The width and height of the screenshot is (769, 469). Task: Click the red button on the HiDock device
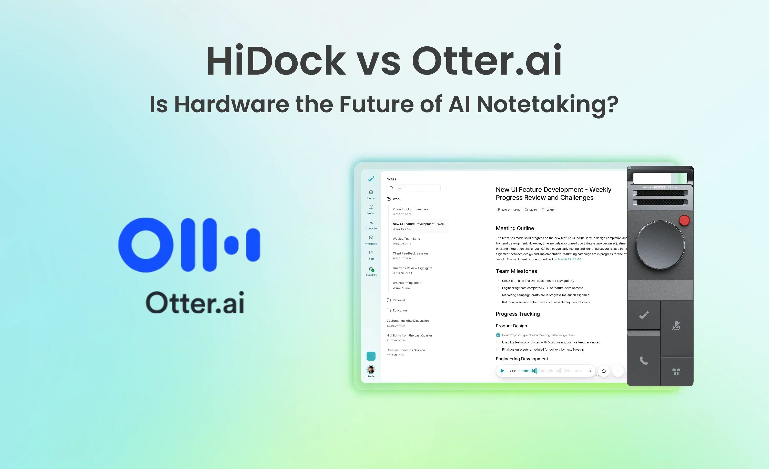[684, 220]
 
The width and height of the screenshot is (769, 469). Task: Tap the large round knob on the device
[660, 245]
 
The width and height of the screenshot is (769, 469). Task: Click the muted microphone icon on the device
[676, 326]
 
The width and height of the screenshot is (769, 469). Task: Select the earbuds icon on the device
[676, 371]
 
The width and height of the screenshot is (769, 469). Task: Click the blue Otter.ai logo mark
[189, 245]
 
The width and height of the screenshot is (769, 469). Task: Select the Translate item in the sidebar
[371, 225]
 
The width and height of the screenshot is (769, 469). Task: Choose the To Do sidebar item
[371, 255]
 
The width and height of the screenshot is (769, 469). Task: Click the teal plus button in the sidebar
[371, 356]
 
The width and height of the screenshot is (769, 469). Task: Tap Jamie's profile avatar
[371, 370]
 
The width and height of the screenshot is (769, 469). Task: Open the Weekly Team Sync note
[406, 239]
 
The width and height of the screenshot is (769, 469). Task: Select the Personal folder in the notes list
[399, 300]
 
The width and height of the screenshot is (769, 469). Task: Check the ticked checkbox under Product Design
[498, 335]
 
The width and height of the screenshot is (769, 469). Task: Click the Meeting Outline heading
[515, 228]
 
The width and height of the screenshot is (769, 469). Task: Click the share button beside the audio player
[604, 371]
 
